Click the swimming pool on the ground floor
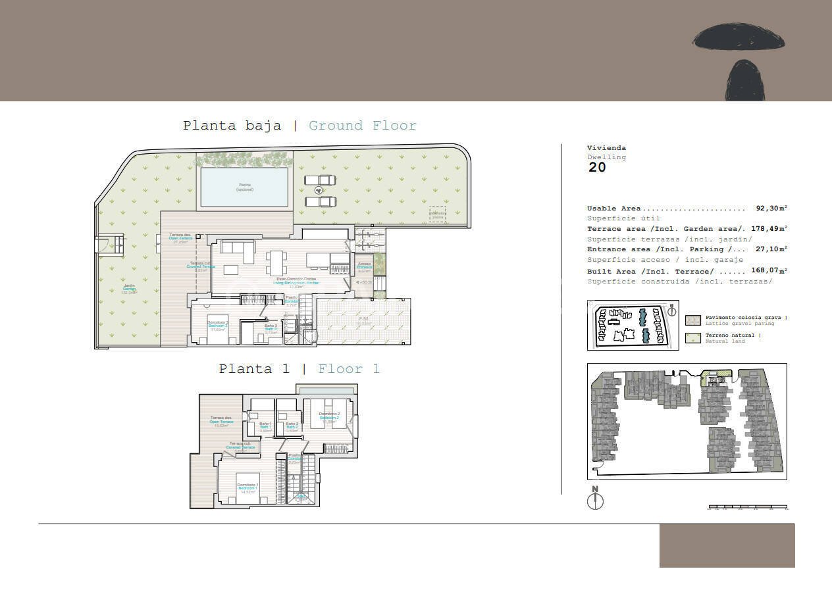(244, 187)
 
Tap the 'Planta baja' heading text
(232, 126)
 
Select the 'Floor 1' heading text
(349, 369)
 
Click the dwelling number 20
(597, 167)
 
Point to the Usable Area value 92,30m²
(771, 209)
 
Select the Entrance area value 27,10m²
(771, 249)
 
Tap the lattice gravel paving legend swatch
(693, 320)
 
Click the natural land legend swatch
(693, 338)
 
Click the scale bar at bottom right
(748, 508)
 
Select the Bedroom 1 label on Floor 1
(247, 487)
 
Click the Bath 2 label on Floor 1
(292, 426)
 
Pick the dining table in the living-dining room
(276, 262)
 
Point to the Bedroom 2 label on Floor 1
(329, 416)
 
